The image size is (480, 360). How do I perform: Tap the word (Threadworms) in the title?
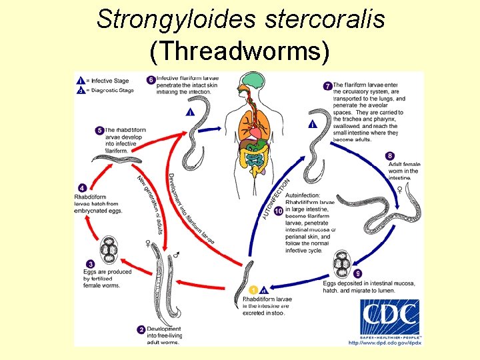click(x=240, y=51)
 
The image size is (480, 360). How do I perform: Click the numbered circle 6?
click(x=151, y=80)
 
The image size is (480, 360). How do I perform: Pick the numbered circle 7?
click(x=327, y=86)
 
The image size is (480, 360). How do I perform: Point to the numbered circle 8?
click(x=390, y=156)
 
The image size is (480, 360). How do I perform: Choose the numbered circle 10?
click(x=279, y=211)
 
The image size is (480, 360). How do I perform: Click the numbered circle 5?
click(x=99, y=130)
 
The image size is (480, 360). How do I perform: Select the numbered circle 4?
click(x=81, y=188)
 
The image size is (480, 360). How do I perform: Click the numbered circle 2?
click(x=141, y=329)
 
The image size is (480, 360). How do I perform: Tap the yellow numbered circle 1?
click(x=253, y=289)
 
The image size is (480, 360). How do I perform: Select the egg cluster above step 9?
click(x=342, y=263)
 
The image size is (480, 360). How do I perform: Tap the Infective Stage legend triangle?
click(x=80, y=81)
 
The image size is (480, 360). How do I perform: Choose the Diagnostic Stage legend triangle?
click(x=80, y=90)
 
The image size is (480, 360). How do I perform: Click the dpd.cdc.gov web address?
click(x=385, y=343)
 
